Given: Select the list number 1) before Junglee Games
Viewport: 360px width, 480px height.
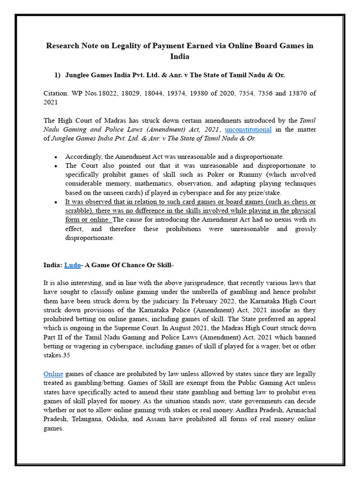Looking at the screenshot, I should (57, 75).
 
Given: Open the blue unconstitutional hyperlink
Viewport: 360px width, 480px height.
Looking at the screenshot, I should (248, 129).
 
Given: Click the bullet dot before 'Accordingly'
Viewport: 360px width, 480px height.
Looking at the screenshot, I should (56, 157).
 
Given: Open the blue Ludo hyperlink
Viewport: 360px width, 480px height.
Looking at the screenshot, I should (72, 265).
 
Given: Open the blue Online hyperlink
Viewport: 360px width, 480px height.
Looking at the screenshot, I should (53, 374).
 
